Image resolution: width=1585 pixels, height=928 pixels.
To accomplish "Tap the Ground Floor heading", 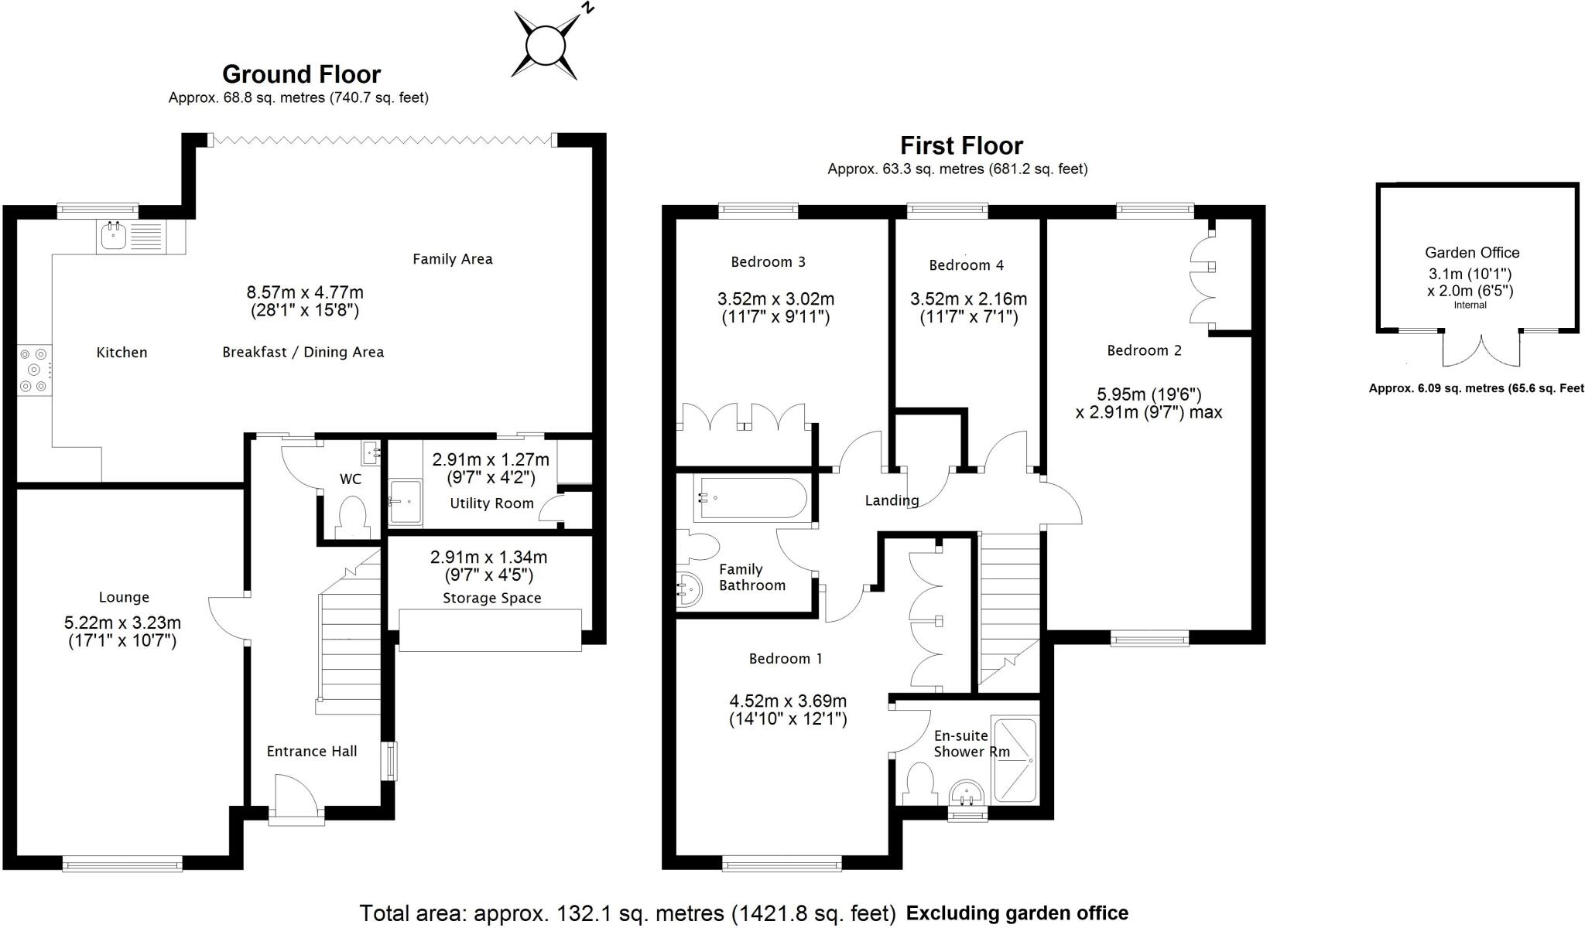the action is pos(301,74).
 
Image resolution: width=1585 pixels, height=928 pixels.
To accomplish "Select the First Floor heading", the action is pos(961,145).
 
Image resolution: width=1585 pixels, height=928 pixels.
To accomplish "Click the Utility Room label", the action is pos(491,503).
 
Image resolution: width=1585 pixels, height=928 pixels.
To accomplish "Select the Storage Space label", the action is pos(491,598).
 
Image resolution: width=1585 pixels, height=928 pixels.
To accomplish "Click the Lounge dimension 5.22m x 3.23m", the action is pos(122,623).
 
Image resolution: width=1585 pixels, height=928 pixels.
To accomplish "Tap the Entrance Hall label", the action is pos(312,751).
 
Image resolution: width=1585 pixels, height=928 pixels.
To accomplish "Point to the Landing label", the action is pos(892,500).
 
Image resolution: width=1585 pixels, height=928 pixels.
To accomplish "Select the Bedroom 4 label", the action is pos(966,265).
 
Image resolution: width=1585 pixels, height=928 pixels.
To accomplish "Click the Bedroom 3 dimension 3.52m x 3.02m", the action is pos(775,299).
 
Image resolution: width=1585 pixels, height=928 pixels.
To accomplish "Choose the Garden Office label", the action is pos(1472,253).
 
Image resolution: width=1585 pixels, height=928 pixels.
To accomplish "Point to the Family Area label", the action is pos(452,259).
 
